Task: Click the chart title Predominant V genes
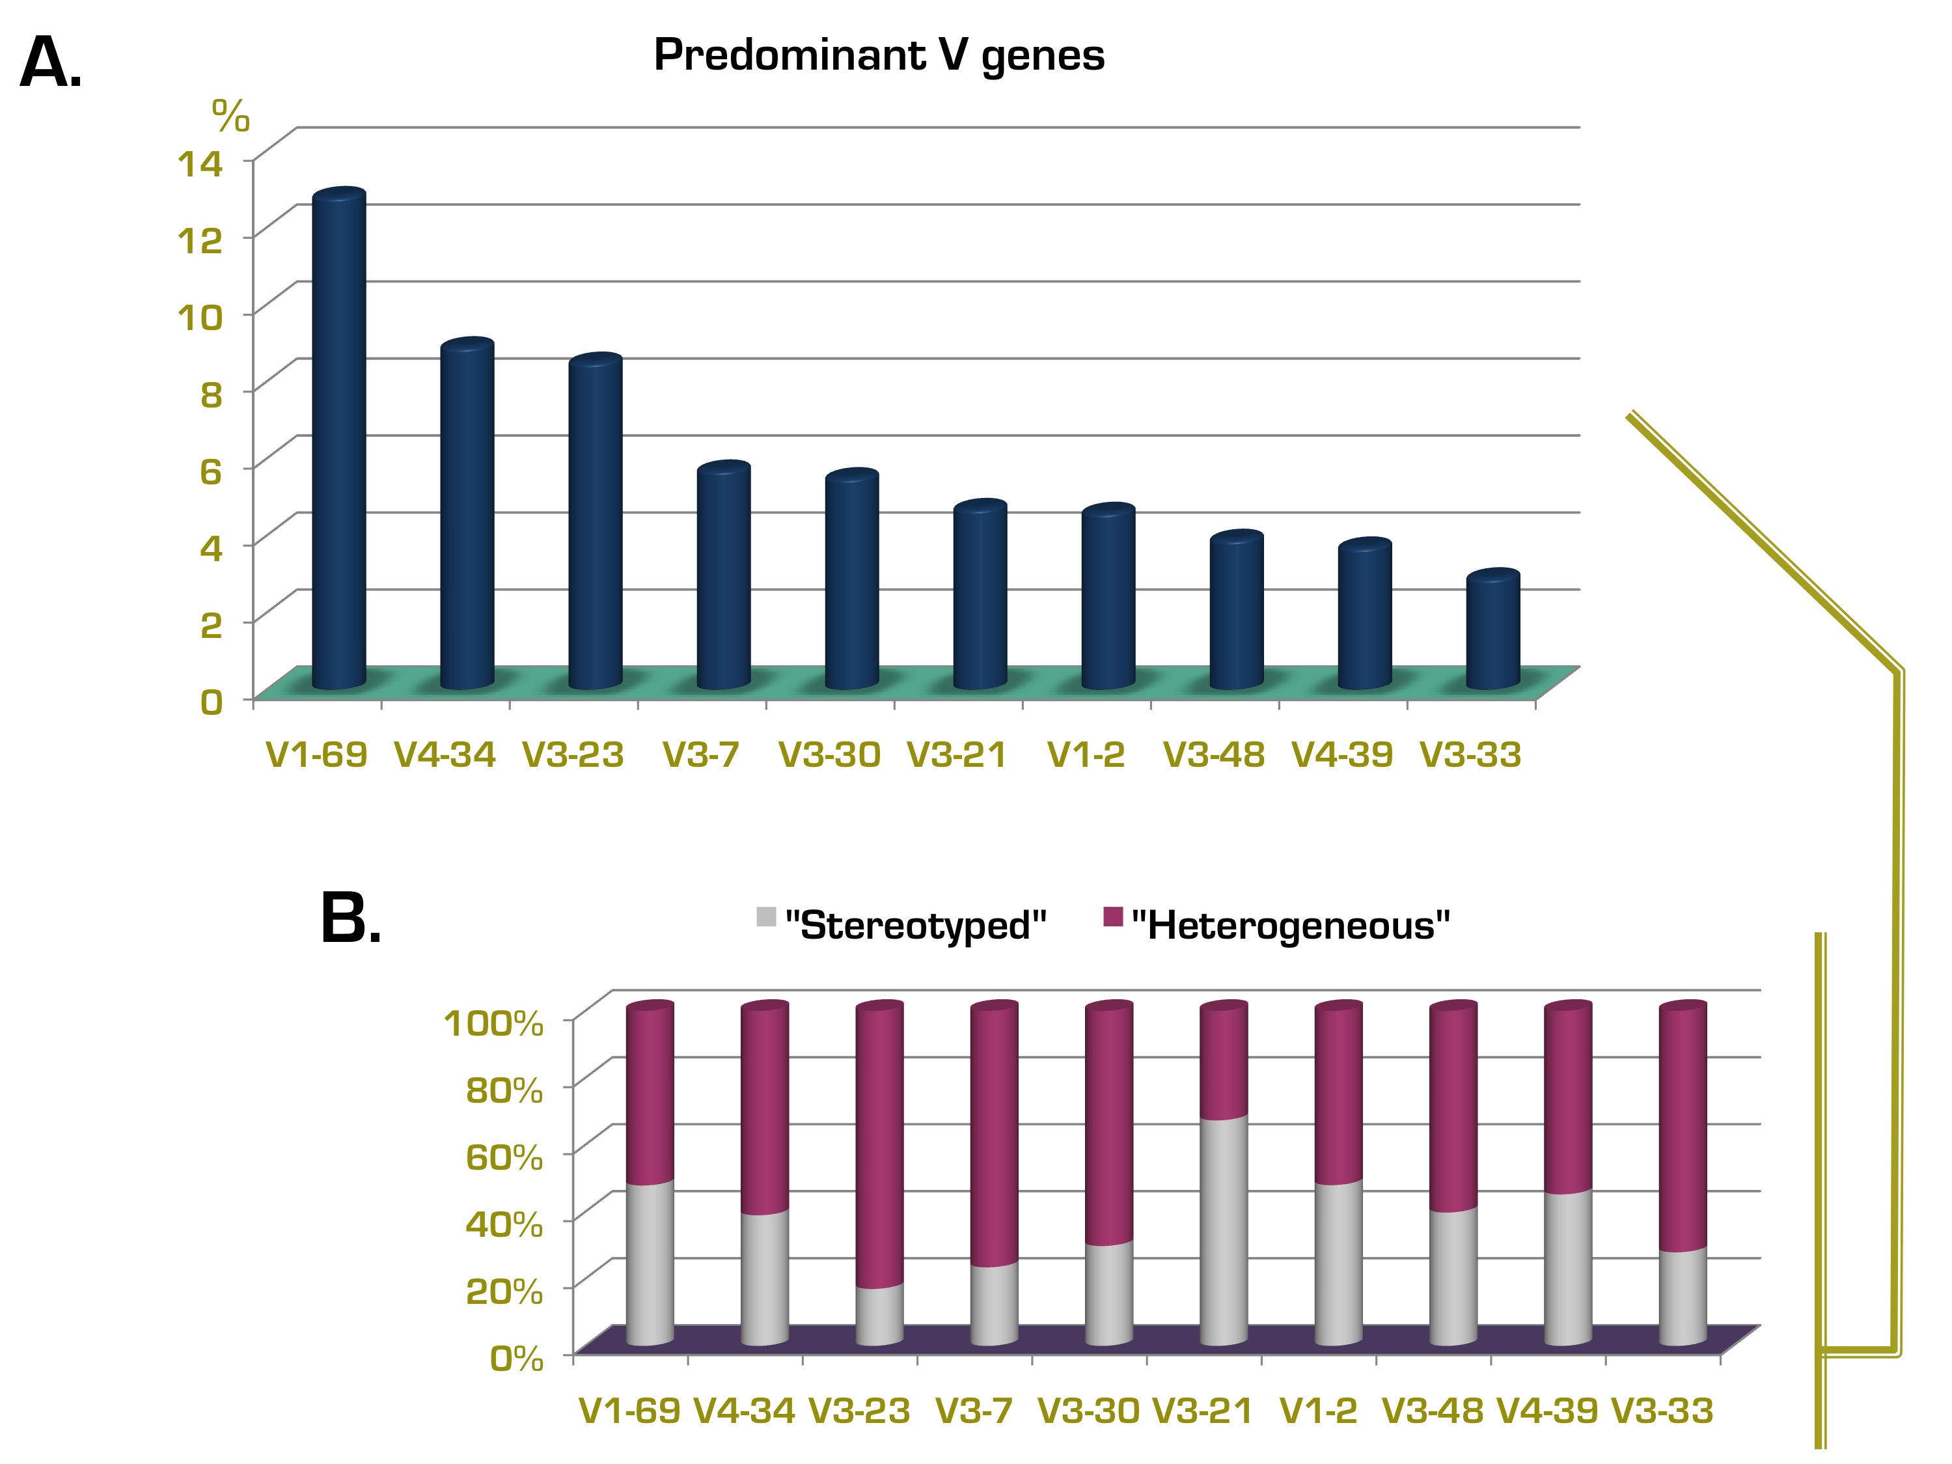tap(878, 55)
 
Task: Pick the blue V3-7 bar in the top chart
tap(724, 575)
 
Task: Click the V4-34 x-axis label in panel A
tap(445, 754)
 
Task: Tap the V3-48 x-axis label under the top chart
tap(1215, 754)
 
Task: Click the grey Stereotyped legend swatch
tap(766, 917)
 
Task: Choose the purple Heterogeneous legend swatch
tap(1113, 917)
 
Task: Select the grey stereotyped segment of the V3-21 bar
tap(1224, 1231)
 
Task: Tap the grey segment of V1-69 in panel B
tap(650, 1264)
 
